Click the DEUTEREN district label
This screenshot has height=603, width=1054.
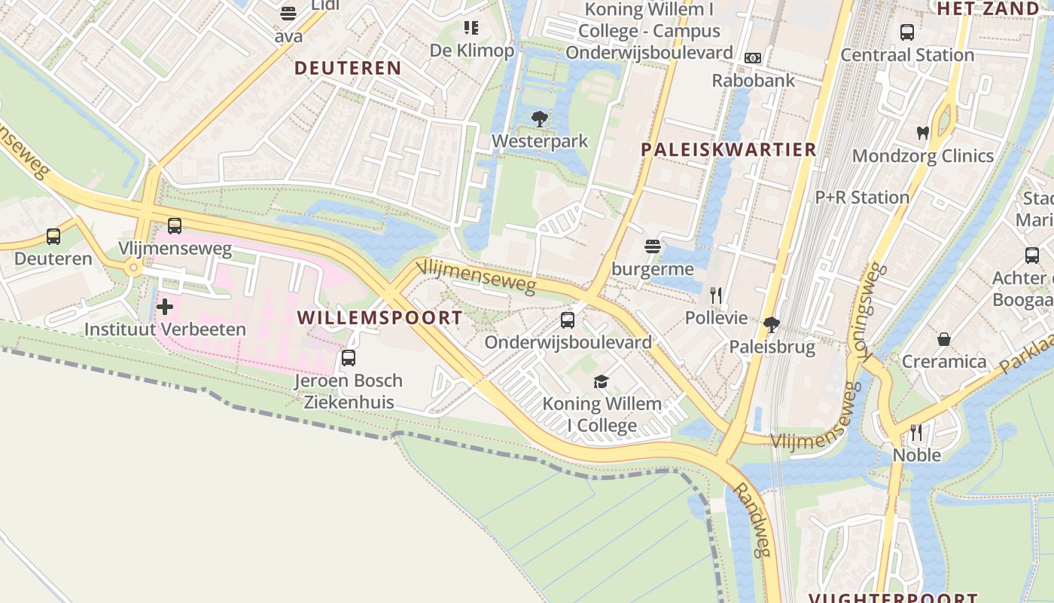point(347,68)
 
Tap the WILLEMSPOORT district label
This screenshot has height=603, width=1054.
point(379,317)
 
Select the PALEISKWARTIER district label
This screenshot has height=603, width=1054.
point(728,149)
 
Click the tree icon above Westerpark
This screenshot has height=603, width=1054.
point(539,118)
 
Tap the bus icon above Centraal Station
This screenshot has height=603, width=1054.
point(907,32)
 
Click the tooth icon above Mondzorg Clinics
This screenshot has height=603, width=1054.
point(922,133)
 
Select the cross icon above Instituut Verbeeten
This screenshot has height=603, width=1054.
point(165,307)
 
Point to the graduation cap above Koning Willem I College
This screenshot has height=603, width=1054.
point(601,381)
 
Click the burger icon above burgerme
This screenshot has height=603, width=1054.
point(652,246)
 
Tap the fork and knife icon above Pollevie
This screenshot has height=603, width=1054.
point(716,295)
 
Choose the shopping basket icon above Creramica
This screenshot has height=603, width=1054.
point(943,339)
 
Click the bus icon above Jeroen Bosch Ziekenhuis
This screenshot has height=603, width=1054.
point(348,358)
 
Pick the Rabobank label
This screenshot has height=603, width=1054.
point(753,80)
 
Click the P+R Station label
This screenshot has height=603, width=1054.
point(862,197)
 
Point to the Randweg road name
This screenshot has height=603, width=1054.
point(752,520)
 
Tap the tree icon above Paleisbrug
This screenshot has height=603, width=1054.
point(771,325)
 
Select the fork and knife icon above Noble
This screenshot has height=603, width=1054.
point(916,433)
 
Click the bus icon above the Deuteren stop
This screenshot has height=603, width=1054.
point(53,237)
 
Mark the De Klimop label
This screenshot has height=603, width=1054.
point(471,51)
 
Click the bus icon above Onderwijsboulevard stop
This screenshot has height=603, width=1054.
point(568,320)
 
